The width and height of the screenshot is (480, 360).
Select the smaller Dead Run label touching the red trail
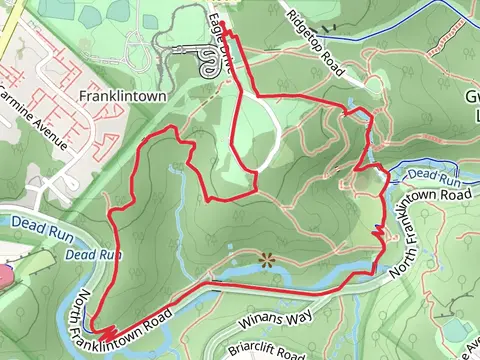pos(93,254)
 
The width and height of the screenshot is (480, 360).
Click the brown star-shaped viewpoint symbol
pos(266,259)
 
